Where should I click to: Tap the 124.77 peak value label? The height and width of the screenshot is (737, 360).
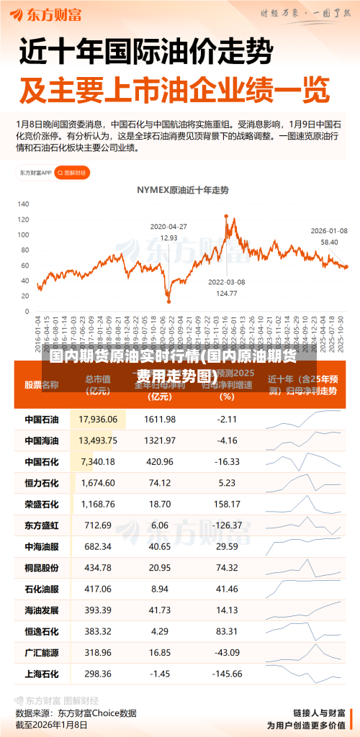click(227, 293)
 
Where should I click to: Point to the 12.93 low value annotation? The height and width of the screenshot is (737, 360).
click(168, 237)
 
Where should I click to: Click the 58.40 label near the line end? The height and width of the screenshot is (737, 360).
click(329, 242)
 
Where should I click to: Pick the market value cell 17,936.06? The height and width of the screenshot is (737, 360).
click(98, 419)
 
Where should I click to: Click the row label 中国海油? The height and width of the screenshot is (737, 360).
click(42, 440)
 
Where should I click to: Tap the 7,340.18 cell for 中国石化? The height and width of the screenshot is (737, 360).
click(98, 461)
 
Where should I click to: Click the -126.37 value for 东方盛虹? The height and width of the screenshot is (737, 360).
click(228, 525)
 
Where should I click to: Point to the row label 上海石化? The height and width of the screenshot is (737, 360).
click(42, 674)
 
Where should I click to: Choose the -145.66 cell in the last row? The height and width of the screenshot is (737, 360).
click(228, 674)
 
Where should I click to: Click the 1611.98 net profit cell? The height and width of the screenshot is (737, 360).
click(160, 419)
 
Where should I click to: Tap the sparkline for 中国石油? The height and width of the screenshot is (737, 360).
click(302, 419)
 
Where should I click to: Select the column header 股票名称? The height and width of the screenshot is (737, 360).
click(43, 384)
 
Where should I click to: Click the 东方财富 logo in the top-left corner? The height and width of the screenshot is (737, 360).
click(48, 14)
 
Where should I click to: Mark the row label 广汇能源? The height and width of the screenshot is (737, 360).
click(42, 653)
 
